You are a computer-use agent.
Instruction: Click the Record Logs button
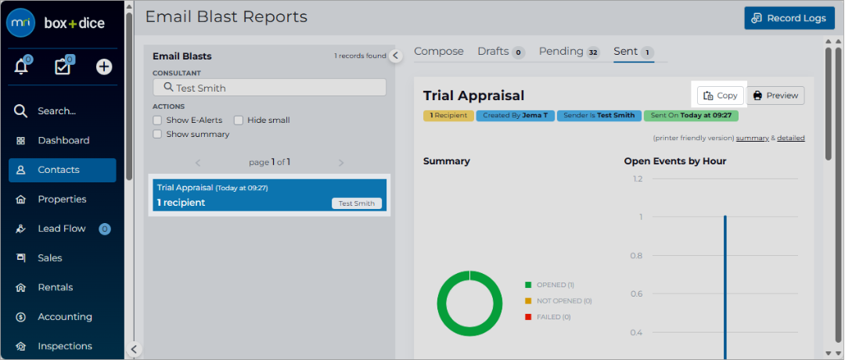(x=789, y=18)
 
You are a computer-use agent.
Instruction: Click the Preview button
(x=775, y=95)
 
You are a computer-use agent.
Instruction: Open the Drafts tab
(x=502, y=52)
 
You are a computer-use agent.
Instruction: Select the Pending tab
(x=569, y=52)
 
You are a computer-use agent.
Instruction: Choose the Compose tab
(x=439, y=51)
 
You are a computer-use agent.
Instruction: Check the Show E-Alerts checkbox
(x=157, y=121)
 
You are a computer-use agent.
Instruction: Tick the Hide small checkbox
(x=238, y=121)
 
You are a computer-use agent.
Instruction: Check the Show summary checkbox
(x=157, y=134)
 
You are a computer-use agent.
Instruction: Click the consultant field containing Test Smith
(x=269, y=88)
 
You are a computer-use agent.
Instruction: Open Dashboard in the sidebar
(x=63, y=141)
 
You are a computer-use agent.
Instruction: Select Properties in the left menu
(x=62, y=200)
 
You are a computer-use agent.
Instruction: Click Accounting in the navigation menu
(x=64, y=317)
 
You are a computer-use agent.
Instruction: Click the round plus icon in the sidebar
(x=104, y=67)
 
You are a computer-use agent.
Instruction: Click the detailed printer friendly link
(x=790, y=138)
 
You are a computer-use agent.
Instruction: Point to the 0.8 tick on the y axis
(x=636, y=255)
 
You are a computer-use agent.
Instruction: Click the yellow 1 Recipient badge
(x=448, y=115)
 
